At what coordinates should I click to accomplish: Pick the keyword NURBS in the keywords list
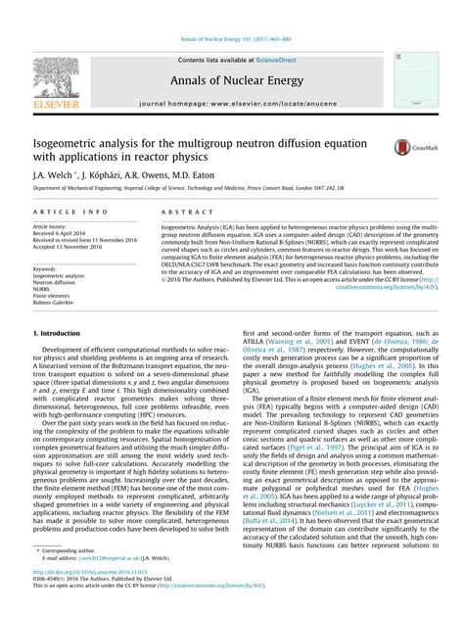coord(44,290)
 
